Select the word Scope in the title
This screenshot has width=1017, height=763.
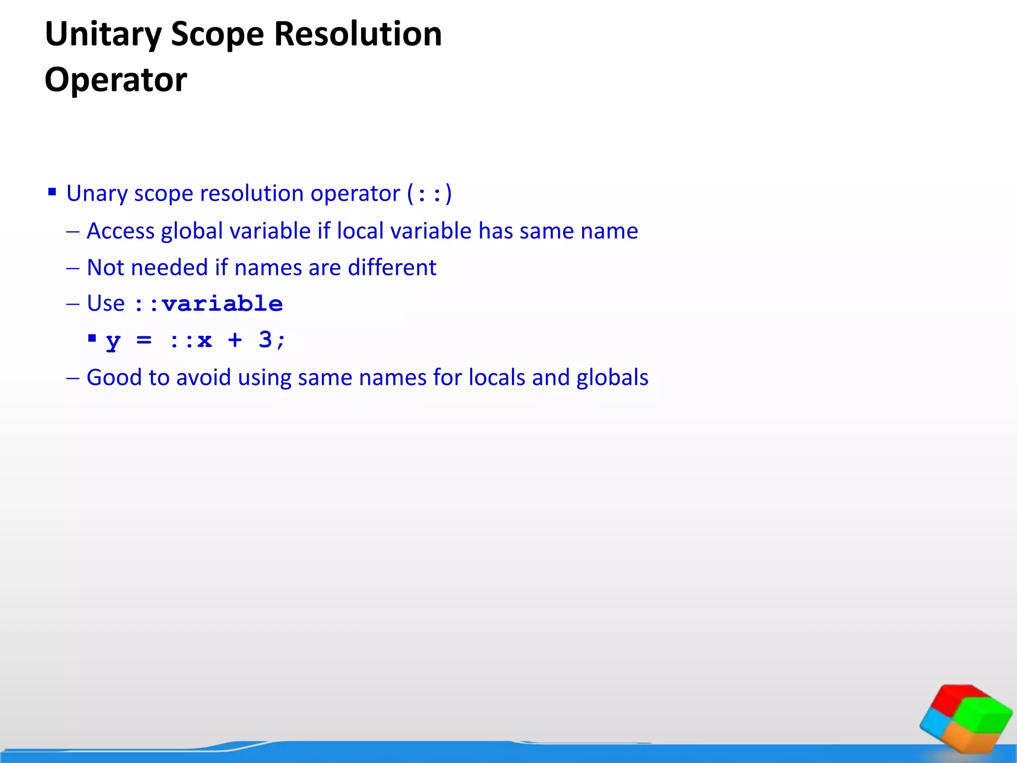click(218, 35)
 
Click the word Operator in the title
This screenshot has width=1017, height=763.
click(116, 80)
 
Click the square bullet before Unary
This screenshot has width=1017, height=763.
click(52, 192)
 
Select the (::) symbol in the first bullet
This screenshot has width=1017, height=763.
click(430, 194)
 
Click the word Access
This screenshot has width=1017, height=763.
click(120, 231)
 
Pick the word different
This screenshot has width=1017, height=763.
click(392, 268)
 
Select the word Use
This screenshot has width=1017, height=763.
click(105, 304)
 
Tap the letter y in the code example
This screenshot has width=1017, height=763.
click(113, 341)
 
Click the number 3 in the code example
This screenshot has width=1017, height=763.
click(265, 340)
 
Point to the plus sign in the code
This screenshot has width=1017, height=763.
click(234, 340)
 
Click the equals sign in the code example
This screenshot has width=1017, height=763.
click(144, 340)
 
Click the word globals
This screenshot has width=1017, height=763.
click(612, 378)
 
